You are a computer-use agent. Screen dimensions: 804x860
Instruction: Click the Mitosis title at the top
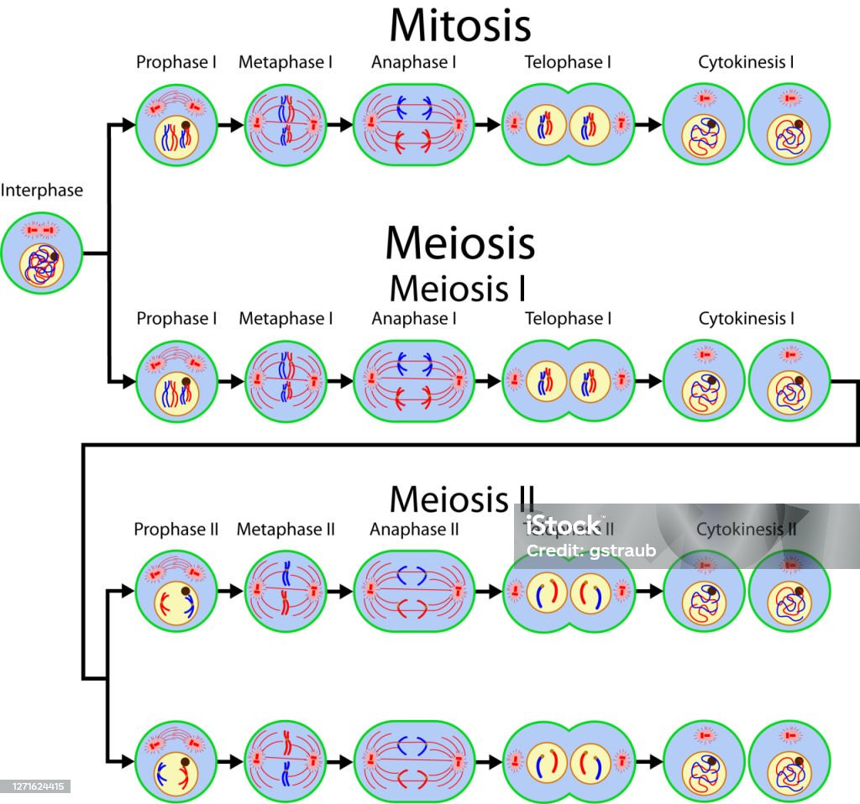point(459,26)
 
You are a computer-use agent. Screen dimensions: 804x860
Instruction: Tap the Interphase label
point(42,191)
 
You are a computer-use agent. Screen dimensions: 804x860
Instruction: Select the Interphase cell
point(42,253)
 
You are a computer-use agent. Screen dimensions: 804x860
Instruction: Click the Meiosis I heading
point(459,288)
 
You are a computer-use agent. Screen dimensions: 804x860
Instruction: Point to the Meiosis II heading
point(461,499)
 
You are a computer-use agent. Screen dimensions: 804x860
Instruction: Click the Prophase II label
point(176,530)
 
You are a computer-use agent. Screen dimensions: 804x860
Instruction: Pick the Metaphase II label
point(286,530)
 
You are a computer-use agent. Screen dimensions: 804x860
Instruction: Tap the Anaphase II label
point(414,530)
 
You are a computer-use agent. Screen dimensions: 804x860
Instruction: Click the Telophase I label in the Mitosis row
point(568,62)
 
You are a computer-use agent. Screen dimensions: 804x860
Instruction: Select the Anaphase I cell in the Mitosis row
point(414,124)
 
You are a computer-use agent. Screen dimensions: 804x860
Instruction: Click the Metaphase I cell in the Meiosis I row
point(286,380)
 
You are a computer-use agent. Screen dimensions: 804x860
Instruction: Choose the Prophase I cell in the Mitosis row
point(176,124)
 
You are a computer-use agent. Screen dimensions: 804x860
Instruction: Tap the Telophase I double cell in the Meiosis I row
point(568,380)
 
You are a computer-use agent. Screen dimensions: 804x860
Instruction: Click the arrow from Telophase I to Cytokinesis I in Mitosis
point(648,124)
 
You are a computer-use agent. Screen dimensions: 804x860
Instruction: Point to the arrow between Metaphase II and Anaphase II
point(339,591)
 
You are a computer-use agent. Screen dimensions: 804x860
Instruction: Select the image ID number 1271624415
point(34,786)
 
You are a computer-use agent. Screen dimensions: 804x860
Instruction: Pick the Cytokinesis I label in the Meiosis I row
point(747,319)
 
